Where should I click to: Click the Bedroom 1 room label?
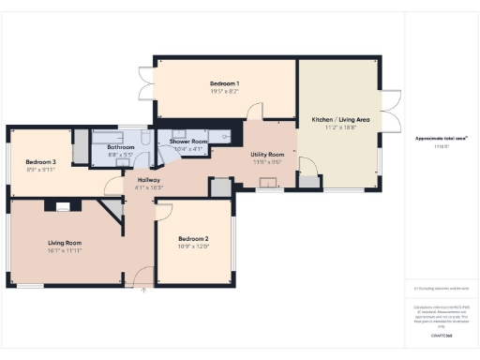coord(225,83)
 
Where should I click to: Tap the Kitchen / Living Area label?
coord(338,120)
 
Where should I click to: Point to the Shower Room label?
coord(187,142)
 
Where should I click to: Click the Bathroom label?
coord(121,147)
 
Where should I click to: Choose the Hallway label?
coord(149,179)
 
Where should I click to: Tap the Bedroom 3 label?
coord(41,161)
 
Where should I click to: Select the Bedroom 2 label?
coord(193,239)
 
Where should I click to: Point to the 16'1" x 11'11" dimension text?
coord(66,250)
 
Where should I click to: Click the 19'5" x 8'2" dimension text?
coord(225,92)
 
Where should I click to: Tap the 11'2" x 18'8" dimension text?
coord(338,128)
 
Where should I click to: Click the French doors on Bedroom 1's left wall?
coord(144,83)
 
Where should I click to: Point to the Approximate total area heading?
coord(441,138)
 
